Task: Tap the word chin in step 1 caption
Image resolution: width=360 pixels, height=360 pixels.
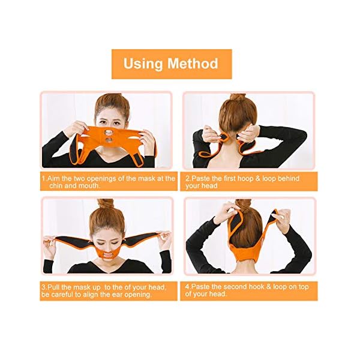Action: click(50, 186)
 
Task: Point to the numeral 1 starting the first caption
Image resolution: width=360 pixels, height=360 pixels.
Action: click(43, 178)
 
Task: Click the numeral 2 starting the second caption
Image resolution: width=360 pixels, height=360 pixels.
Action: click(187, 178)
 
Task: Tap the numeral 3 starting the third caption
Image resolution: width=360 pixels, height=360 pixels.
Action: click(43, 287)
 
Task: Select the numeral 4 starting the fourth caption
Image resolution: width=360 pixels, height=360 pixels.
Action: click(187, 287)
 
